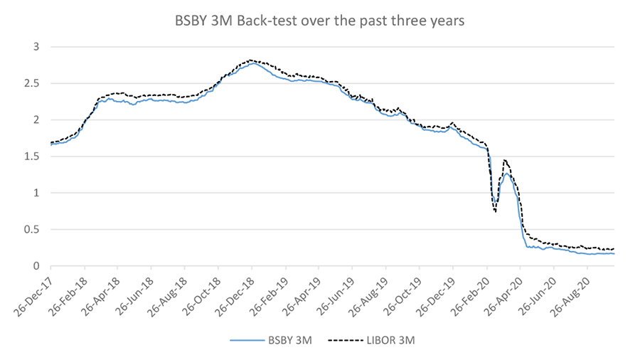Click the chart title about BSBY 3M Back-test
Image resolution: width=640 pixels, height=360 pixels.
coord(320,21)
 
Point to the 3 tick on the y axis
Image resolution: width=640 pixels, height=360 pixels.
coord(38,47)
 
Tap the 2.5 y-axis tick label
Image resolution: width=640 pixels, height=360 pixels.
coord(34,83)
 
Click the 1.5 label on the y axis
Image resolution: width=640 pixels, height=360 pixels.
coord(34,157)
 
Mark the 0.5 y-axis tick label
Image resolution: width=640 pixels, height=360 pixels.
coord(34,230)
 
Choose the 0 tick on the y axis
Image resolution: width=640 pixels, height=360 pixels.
coord(38,266)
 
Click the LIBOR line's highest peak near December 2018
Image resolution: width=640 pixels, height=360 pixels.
coord(250,60)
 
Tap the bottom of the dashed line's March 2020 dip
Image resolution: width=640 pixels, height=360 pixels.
coord(495,211)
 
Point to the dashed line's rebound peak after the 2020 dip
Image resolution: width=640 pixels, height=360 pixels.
coord(505,160)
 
